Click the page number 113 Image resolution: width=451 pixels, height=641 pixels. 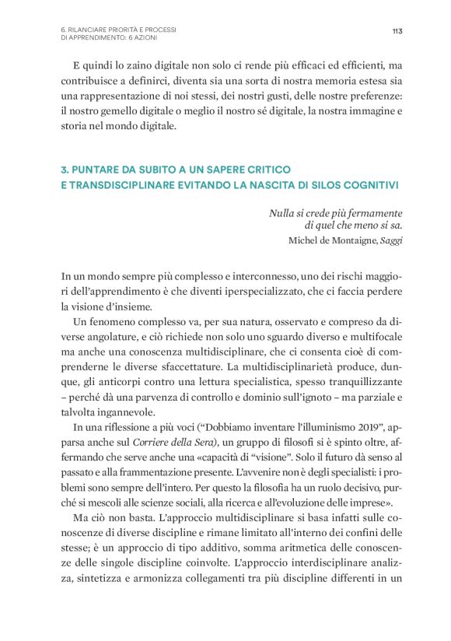pyautogui.click(x=397, y=30)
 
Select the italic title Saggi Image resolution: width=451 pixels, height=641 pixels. pyautogui.click(x=391, y=240)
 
